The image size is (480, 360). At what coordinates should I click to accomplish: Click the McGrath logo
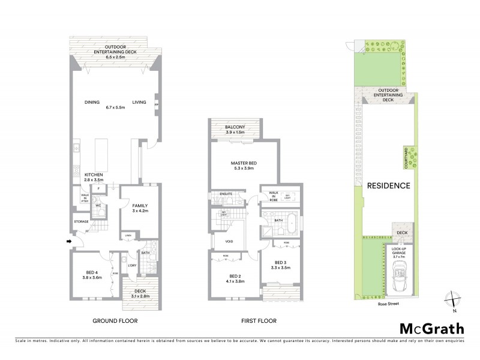pos(431,329)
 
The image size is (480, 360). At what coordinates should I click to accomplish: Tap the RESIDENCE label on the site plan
pos(389,186)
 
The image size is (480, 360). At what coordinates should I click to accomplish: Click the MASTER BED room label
pos(244,166)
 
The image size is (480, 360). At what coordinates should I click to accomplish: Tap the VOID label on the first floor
pos(229,242)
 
